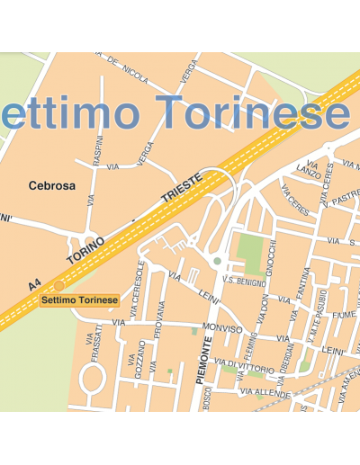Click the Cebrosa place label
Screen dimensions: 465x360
(x=52, y=186)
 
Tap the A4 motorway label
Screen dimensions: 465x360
(x=34, y=284)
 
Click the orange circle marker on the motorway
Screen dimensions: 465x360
(x=59, y=286)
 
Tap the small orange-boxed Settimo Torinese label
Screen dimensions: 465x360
(x=80, y=300)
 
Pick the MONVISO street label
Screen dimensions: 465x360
(x=222, y=328)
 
